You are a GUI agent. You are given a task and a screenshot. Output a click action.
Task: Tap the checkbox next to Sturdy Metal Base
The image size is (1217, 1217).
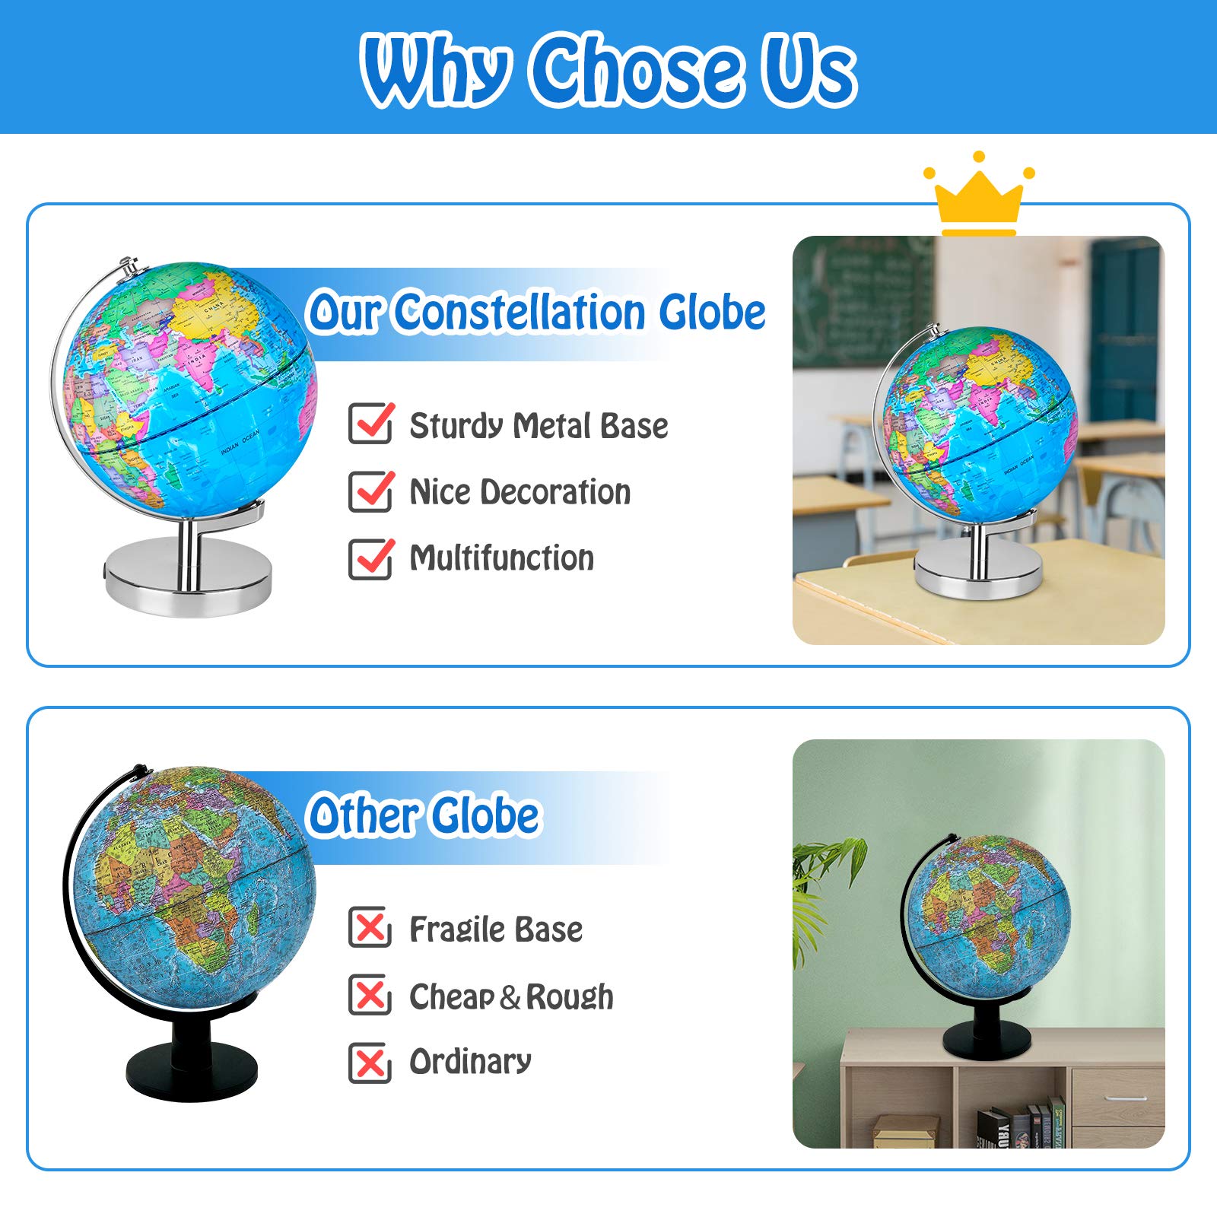pos(370,424)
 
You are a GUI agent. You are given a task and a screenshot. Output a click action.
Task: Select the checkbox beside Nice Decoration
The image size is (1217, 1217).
pos(370,491)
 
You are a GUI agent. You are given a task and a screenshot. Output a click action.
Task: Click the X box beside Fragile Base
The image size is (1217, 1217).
pos(370,928)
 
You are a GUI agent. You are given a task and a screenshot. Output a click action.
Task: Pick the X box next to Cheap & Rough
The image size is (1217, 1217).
pos(370,995)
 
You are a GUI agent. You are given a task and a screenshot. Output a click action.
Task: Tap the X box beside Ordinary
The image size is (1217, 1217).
pos(370,1062)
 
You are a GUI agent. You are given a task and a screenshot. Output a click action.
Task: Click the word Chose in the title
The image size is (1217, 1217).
pos(637,70)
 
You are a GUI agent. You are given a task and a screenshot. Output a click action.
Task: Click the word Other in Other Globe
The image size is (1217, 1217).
pos(361,816)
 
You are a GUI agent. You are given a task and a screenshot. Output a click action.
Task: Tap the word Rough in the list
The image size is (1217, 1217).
pos(570,996)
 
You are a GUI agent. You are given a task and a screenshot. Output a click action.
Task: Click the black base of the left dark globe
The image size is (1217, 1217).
pos(191,1068)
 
